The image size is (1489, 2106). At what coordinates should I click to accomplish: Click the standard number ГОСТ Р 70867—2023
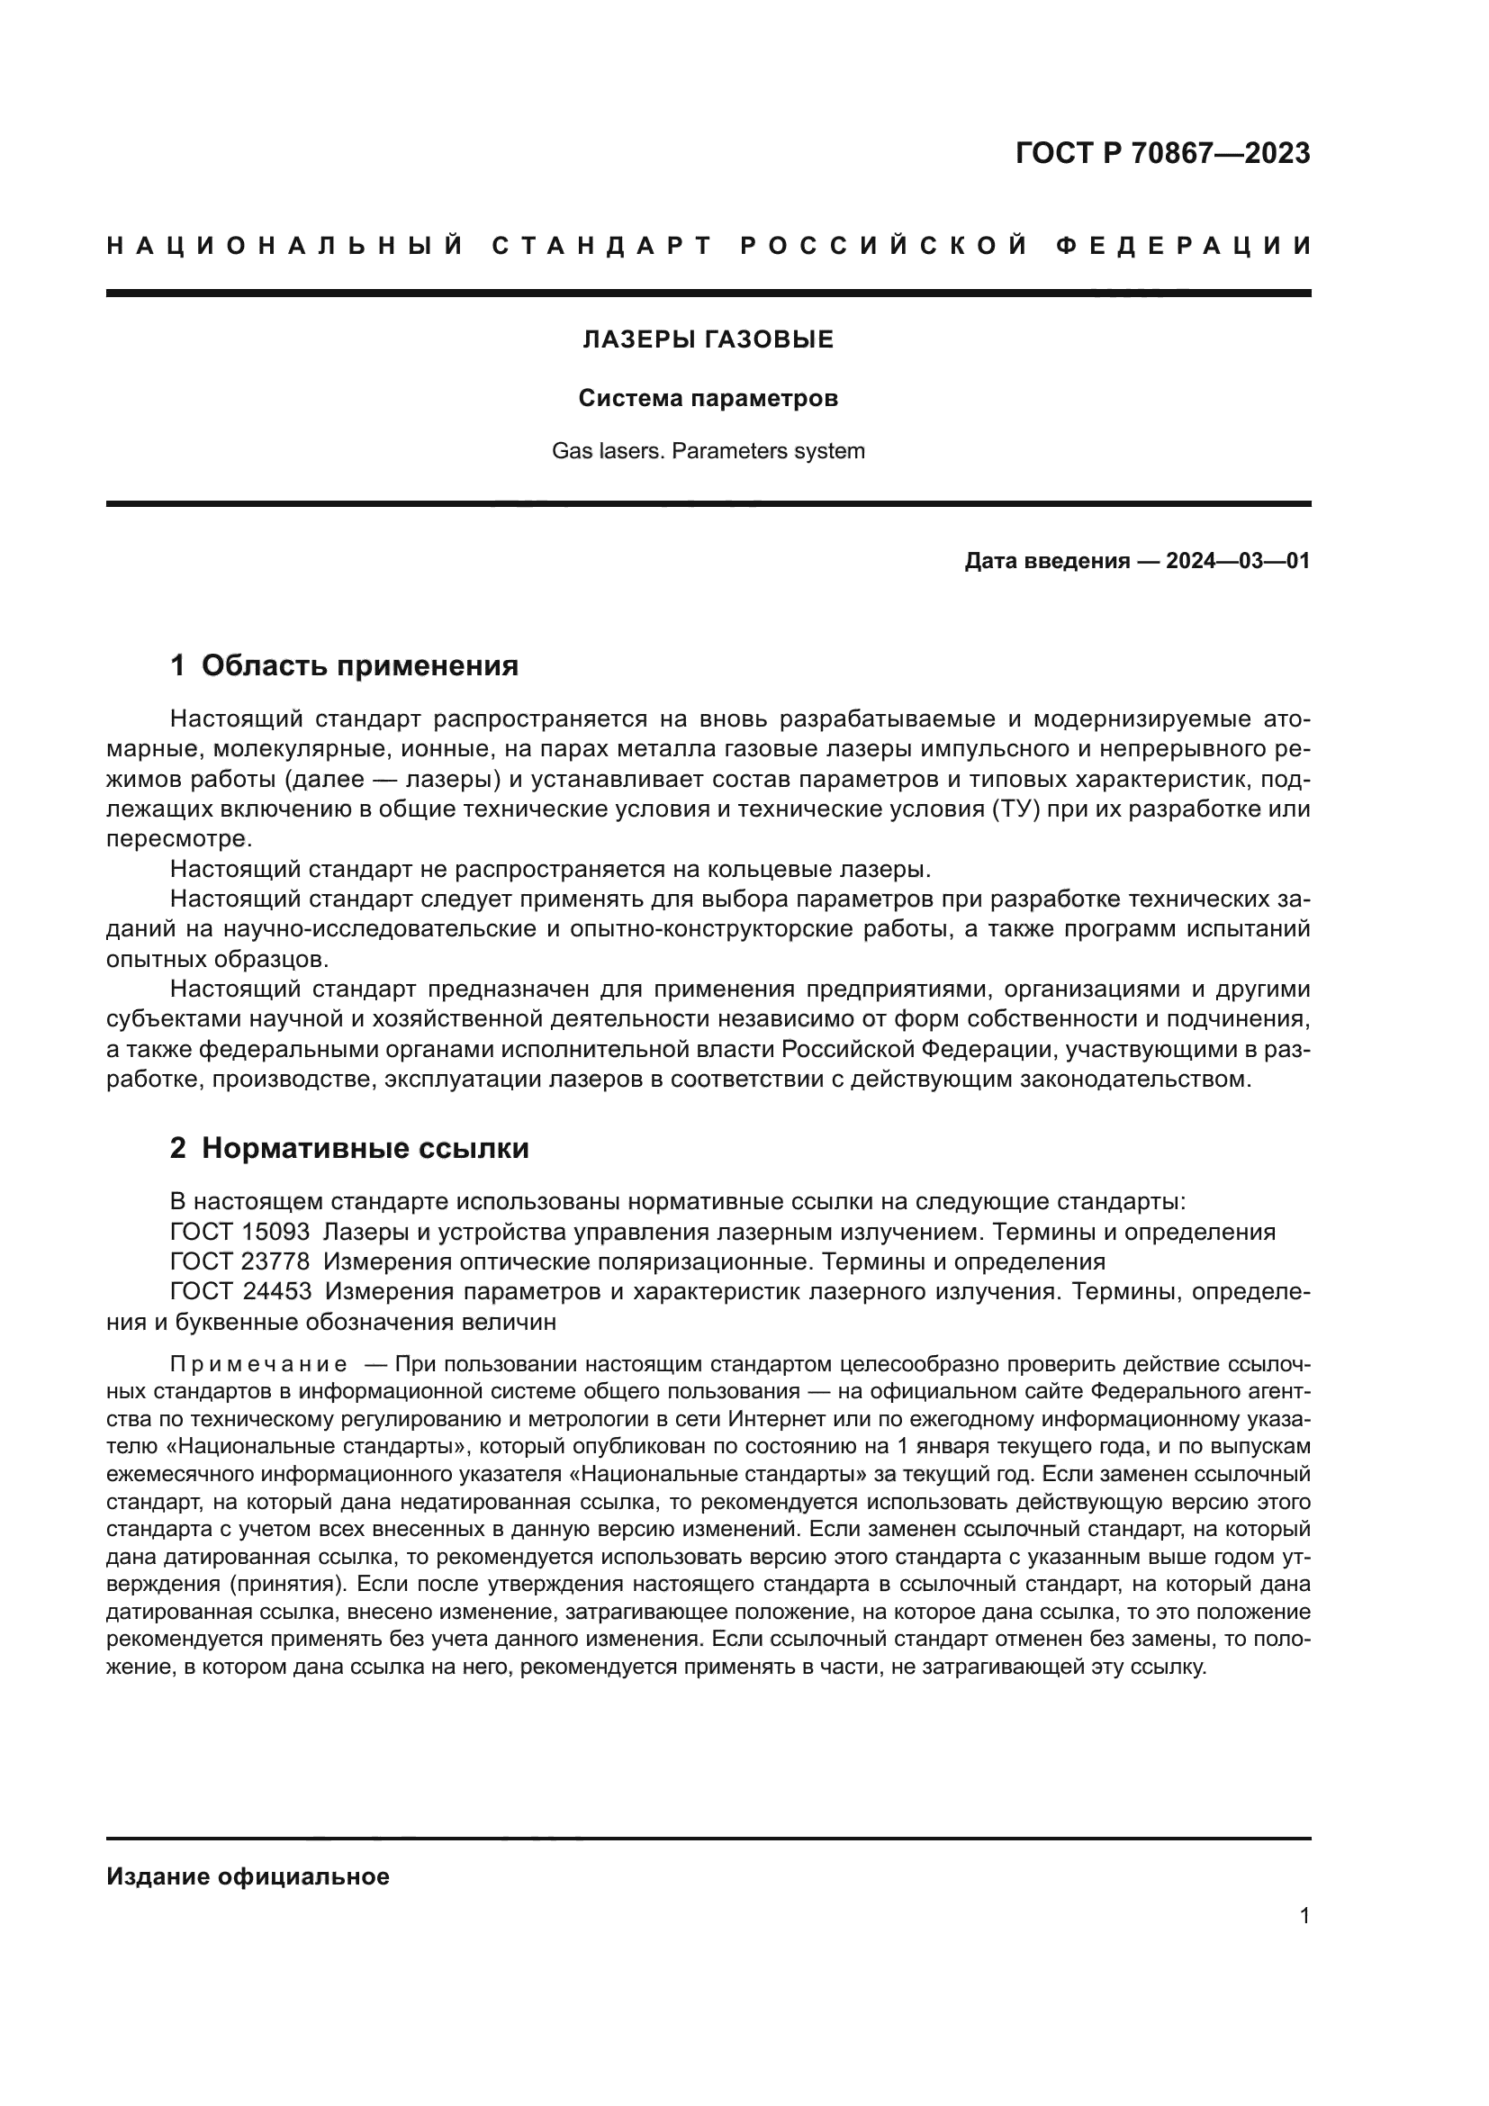pyautogui.click(x=1161, y=153)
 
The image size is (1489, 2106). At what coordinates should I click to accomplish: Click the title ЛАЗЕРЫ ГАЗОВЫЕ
pyautogui.click(x=708, y=339)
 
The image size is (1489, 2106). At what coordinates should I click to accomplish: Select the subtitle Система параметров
pyautogui.click(x=708, y=398)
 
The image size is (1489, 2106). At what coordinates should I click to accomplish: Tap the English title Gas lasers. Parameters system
pyautogui.click(x=708, y=450)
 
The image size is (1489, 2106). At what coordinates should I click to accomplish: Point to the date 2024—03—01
pyautogui.click(x=1237, y=560)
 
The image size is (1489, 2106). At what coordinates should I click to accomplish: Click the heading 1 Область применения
pyautogui.click(x=344, y=665)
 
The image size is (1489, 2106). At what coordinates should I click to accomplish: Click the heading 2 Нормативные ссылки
pyautogui.click(x=349, y=1148)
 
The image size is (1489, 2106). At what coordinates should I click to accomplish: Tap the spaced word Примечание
pyautogui.click(x=258, y=1364)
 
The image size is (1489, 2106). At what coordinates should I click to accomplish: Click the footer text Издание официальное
pyautogui.click(x=248, y=1876)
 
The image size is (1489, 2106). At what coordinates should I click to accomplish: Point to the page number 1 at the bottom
pyautogui.click(x=1304, y=1915)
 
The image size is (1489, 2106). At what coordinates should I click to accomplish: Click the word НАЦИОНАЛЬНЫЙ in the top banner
pyautogui.click(x=285, y=246)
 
